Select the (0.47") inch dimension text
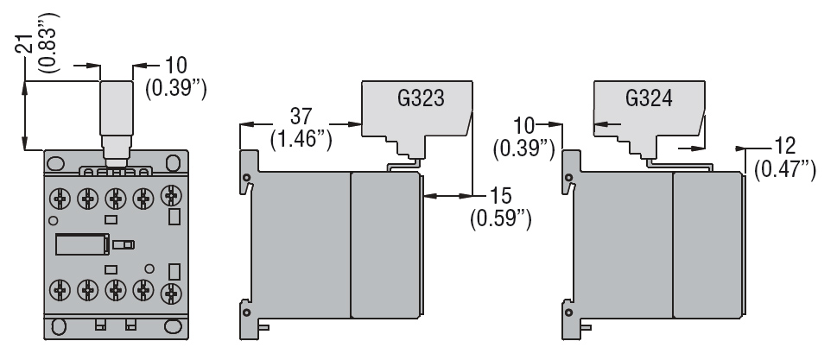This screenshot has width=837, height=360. pos(784,169)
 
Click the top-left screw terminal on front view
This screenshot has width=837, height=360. pos(59,199)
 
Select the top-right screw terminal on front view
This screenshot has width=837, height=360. pos(172,199)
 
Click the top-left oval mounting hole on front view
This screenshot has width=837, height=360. pos(54,163)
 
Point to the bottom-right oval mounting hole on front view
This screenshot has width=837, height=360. pos(176,326)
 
